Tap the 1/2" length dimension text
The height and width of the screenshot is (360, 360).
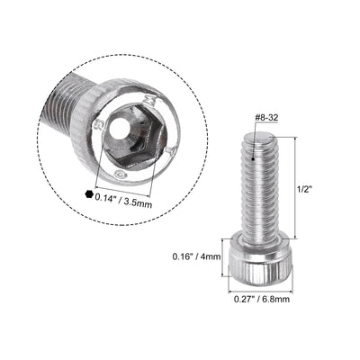click(x=306, y=191)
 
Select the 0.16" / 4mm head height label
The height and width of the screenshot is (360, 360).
click(x=195, y=256)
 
